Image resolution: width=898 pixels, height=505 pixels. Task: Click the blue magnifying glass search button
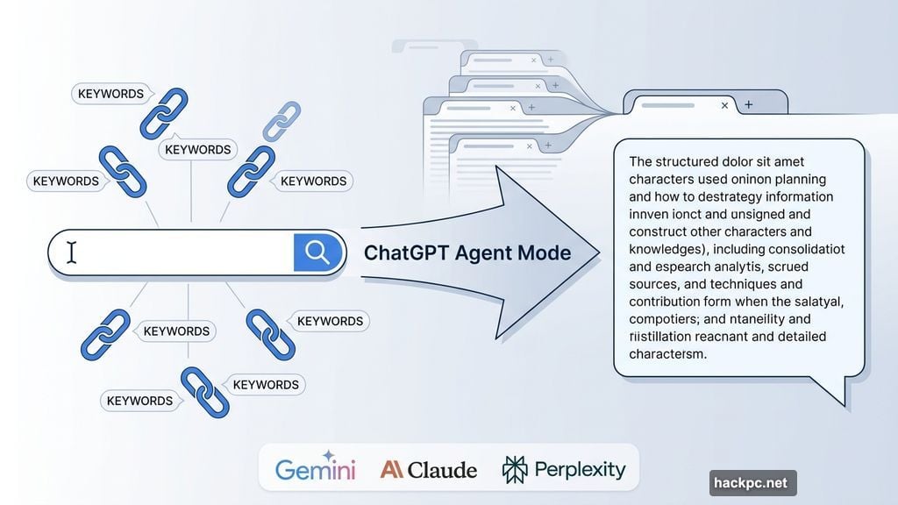pyautogui.click(x=317, y=252)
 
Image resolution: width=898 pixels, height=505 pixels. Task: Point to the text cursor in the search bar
pyautogui.click(x=72, y=252)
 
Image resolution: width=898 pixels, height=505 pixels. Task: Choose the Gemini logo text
pyautogui.click(x=316, y=470)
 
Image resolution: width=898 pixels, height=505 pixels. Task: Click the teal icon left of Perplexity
pyautogui.click(x=515, y=469)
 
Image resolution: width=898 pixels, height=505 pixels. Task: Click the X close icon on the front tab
pyautogui.click(x=724, y=105)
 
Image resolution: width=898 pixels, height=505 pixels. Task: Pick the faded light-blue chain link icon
pyautogui.click(x=282, y=120)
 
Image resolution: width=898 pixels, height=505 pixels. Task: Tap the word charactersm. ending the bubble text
pyautogui.click(x=667, y=354)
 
